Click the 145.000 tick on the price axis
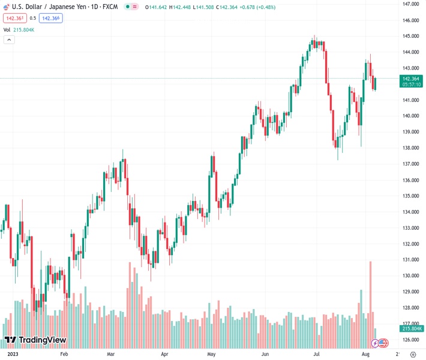tap(410, 36)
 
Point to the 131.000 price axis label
tap(410, 260)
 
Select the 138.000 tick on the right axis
tap(410, 148)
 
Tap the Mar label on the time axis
tap(112, 354)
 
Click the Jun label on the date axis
tap(265, 354)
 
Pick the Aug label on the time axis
tap(365, 354)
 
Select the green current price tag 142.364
tap(410, 79)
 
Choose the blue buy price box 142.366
tap(50, 18)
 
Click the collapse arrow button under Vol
tap(9, 40)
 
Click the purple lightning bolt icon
tap(375, 343)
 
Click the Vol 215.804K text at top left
tap(19, 29)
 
